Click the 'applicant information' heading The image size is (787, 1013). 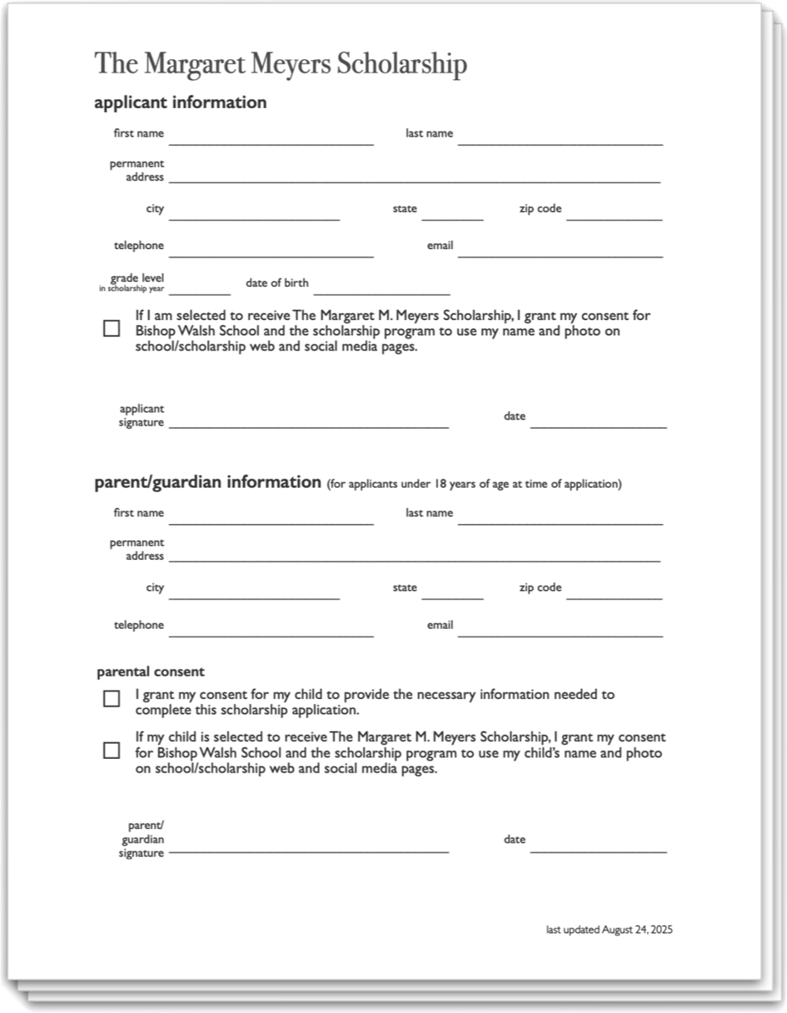[x=180, y=103]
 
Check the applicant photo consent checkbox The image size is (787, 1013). [x=111, y=328]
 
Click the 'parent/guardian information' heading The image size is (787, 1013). [x=207, y=483]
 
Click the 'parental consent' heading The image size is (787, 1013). [x=150, y=672]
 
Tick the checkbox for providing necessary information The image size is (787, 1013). [x=111, y=698]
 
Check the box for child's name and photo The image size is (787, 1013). [x=111, y=750]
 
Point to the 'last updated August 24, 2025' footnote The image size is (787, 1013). [x=609, y=929]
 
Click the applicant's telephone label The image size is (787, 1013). [x=139, y=246]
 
